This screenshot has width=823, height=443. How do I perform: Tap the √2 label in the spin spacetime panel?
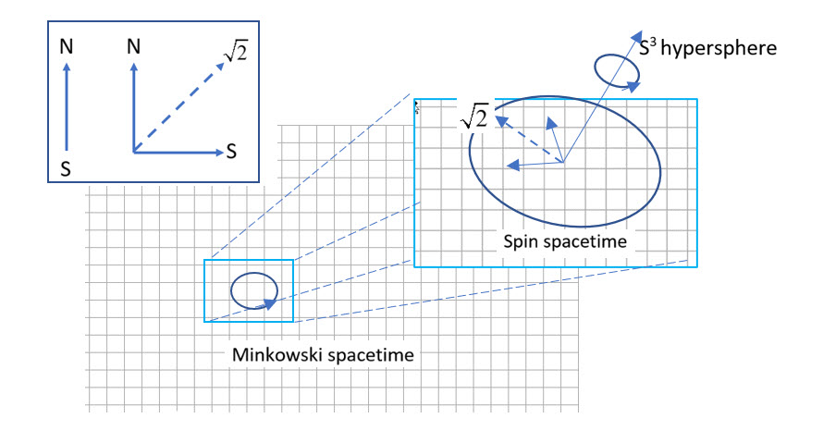point(473,117)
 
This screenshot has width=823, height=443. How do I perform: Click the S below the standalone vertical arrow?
point(66,168)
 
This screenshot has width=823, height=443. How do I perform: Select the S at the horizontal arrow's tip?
point(231,151)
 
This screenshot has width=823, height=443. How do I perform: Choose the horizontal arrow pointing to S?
point(176,151)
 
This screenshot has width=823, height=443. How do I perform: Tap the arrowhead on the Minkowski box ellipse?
point(269,301)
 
